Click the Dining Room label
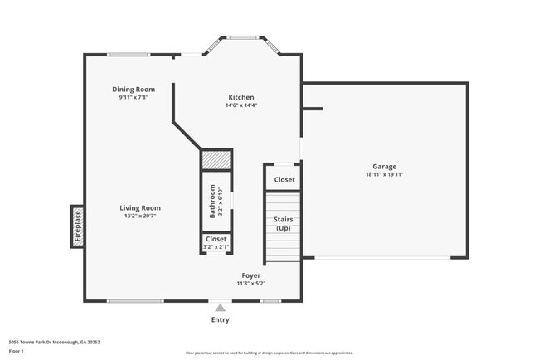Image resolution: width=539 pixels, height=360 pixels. click(134, 89)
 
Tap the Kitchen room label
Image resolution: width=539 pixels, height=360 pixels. click(241, 97)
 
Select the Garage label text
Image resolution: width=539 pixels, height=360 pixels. click(384, 167)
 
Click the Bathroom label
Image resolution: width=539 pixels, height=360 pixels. click(212, 201)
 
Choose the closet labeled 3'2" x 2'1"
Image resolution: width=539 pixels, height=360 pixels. click(216, 242)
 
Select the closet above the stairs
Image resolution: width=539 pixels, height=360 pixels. click(284, 179)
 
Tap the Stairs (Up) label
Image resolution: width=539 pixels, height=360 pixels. click(283, 224)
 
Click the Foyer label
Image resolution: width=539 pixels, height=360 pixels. click(250, 275)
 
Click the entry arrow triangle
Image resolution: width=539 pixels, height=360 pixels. click(220, 307)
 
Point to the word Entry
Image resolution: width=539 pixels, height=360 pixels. click(220, 319)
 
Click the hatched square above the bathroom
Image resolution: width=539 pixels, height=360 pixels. click(216, 159)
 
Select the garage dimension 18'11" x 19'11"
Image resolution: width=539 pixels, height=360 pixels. click(384, 175)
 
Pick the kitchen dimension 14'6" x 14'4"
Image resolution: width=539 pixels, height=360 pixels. click(241, 105)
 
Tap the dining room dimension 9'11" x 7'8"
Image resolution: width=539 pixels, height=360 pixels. click(134, 97)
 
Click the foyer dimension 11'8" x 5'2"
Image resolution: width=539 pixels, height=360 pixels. click(250, 283)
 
